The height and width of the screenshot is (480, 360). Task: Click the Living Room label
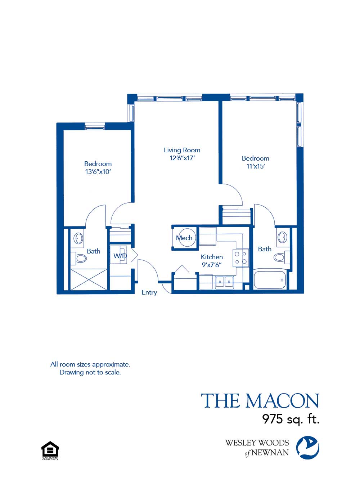[x=182, y=150]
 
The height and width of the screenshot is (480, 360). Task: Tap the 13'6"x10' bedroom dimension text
[x=98, y=172]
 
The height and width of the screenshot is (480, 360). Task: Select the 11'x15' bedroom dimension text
[x=255, y=166]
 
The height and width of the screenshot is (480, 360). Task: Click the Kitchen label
[x=212, y=257]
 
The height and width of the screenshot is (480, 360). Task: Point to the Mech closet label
[x=184, y=238]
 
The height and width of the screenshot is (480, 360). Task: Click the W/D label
[x=120, y=256]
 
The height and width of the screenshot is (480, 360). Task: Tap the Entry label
[x=149, y=292]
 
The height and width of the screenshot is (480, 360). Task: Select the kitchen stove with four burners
[x=240, y=258]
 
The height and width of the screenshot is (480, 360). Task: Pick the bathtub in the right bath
[x=270, y=280]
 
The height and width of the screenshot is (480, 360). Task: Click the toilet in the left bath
[x=80, y=259]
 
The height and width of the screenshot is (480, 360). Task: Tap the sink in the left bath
[x=78, y=238]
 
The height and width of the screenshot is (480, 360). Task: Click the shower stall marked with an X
[x=89, y=279]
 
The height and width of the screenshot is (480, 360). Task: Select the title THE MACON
[x=260, y=401]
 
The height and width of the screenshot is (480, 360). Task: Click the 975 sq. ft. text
[x=291, y=419]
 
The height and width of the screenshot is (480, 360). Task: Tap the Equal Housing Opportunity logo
[x=50, y=450]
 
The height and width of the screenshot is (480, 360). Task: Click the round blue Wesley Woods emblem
[x=307, y=448]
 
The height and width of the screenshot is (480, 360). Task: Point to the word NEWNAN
[x=270, y=453]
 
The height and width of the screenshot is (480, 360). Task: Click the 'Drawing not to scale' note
[x=90, y=372]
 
